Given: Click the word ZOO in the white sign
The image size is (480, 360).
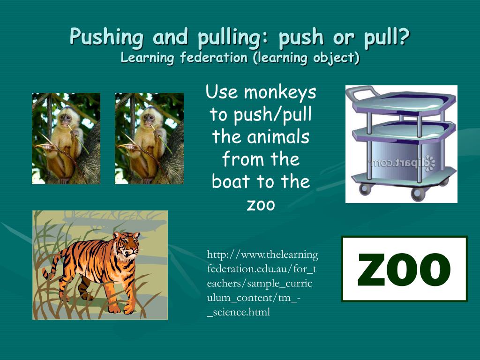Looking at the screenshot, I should pyautogui.click(x=404, y=270).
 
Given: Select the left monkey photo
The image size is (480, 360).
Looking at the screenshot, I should pyautogui.click(x=66, y=138).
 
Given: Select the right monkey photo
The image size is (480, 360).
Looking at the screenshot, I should pyautogui.click(x=149, y=138).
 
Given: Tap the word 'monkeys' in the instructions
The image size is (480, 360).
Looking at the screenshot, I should pyautogui.click(x=280, y=92).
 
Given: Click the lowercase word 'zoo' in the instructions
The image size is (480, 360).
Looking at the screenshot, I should pyautogui.click(x=261, y=204).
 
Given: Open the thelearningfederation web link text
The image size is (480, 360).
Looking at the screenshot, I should pyautogui.click(x=262, y=255).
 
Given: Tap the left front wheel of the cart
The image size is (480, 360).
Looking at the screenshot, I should pyautogui.click(x=365, y=189).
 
